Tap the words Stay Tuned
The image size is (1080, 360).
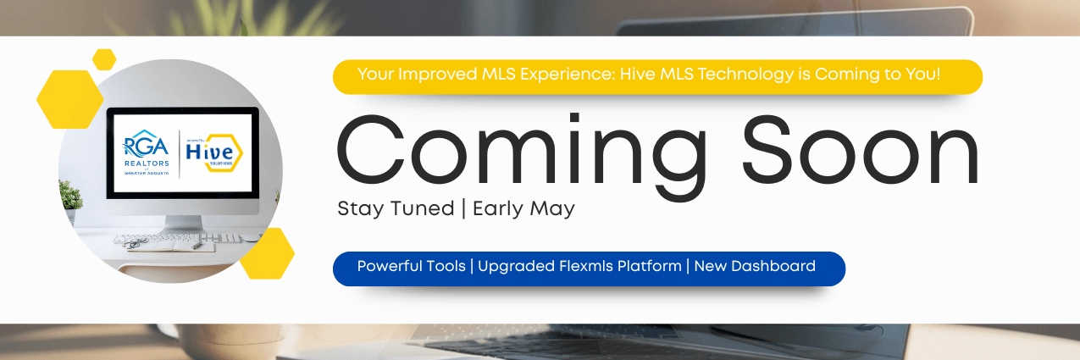[396, 208]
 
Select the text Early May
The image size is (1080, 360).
[523, 208]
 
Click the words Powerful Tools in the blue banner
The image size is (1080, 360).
[411, 266]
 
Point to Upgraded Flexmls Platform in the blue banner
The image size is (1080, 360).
[579, 266]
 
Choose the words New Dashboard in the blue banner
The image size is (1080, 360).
[755, 266]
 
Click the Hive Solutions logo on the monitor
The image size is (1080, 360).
[215, 154]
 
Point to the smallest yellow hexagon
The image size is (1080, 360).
[104, 59]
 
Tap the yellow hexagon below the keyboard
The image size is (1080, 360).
[266, 252]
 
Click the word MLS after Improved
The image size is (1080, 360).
[480, 74]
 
